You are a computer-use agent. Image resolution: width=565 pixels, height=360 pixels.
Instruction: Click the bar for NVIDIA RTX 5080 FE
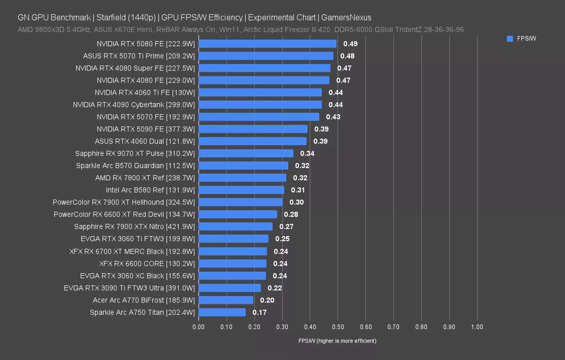click(267, 44)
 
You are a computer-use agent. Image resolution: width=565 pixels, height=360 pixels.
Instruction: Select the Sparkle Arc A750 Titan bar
click(222, 312)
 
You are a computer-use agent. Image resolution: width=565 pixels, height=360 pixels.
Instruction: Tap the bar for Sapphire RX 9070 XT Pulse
click(246, 154)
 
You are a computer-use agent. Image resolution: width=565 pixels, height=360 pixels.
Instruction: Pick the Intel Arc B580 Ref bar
click(241, 190)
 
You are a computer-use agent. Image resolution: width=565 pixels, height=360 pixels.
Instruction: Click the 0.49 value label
click(350, 44)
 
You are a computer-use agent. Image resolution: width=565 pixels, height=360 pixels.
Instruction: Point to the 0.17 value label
click(260, 312)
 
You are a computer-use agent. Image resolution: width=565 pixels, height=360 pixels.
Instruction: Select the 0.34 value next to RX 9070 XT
click(307, 154)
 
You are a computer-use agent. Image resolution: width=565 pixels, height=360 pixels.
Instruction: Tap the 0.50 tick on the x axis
click(338, 327)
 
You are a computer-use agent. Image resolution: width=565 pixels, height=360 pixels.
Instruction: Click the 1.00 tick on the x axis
click(477, 327)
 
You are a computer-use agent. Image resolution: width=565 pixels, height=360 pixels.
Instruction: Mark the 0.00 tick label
click(198, 327)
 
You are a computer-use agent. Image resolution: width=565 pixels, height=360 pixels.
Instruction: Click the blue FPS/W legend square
click(510, 39)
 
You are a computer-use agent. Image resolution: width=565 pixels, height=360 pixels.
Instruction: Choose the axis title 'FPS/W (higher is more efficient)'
click(337, 341)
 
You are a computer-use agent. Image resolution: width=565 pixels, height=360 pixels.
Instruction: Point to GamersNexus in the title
click(346, 18)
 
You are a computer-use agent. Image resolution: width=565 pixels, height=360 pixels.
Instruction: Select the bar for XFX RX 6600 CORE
click(232, 264)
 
